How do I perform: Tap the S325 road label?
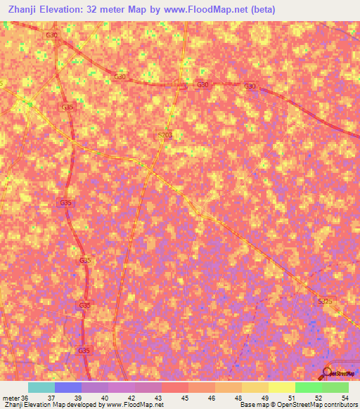pyautogui.click(x=324, y=301)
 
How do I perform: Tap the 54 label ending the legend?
pyautogui.click(x=345, y=397)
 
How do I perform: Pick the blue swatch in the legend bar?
pyautogui.click(x=68, y=387)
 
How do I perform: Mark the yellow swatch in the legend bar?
pyautogui.click(x=282, y=387)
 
